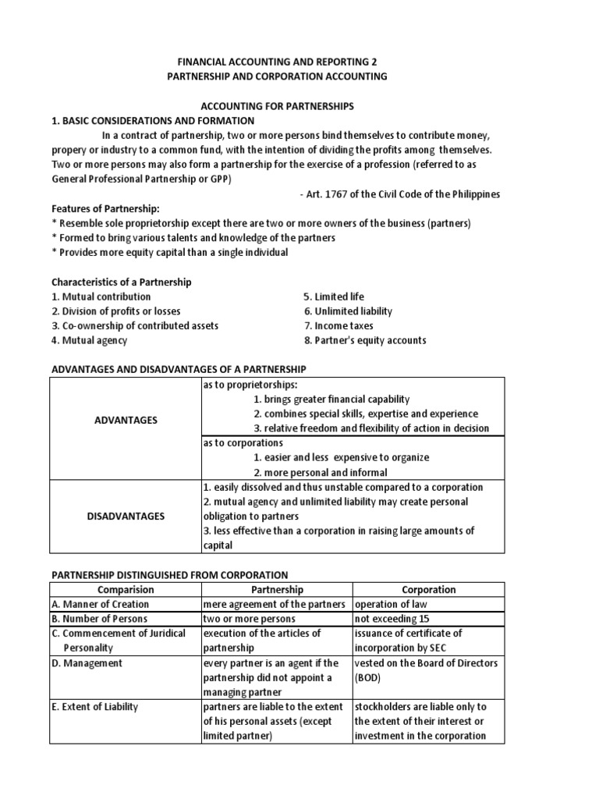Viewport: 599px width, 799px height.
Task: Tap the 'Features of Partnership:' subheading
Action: point(103,208)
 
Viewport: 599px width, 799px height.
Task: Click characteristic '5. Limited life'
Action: point(333,297)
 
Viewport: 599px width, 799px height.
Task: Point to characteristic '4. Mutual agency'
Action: point(89,340)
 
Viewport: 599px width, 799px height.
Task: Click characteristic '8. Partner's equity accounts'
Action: point(365,340)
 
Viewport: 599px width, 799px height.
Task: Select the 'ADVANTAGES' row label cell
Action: point(126,420)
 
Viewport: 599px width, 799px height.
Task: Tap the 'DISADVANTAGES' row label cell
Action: point(126,517)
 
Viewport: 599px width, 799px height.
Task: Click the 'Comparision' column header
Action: point(126,590)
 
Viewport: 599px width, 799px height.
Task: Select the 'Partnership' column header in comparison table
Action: point(277,590)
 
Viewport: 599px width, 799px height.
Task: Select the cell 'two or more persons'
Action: point(250,619)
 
